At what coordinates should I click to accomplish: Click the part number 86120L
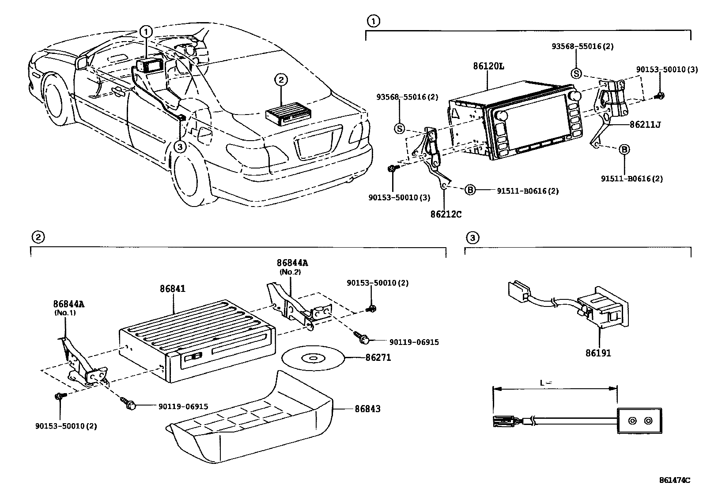pos(488,66)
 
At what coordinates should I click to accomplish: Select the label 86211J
pos(645,125)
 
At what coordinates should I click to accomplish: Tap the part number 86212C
pos(446,214)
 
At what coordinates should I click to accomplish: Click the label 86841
pos(172,289)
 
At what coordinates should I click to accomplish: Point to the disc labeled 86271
pos(311,358)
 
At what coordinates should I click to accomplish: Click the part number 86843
pos(367,409)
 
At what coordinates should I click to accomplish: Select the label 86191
pos(598,353)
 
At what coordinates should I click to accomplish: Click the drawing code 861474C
pos(674,480)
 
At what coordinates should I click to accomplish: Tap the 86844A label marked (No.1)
pos(69,304)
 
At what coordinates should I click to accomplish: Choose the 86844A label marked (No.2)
pos(292,263)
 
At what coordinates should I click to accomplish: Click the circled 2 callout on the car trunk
pos(281,80)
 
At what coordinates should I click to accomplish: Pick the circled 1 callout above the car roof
pos(146,31)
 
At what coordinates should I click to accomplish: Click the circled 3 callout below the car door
pos(180,146)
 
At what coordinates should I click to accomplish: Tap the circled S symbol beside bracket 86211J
pos(576,73)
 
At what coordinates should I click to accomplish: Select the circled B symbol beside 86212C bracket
pos(470,190)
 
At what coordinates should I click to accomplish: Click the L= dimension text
pos(546,383)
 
